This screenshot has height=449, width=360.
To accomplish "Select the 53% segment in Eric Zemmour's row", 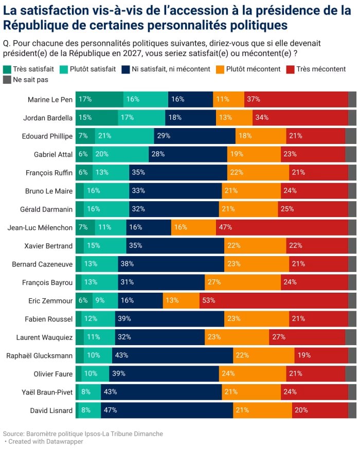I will (274, 300).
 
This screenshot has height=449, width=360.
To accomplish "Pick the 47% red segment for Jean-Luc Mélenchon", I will (282, 227).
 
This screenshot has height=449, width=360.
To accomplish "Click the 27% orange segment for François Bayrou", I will (243, 282).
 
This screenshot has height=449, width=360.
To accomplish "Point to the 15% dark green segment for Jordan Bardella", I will (97, 117).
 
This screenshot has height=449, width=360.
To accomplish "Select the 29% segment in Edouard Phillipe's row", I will (194, 136).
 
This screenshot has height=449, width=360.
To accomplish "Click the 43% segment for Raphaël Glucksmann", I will (173, 355).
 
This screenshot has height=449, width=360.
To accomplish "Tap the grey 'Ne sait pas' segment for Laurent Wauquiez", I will (351, 337).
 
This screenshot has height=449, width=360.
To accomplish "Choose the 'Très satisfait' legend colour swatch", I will (7, 69).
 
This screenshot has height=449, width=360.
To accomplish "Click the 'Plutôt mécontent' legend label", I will (253, 69).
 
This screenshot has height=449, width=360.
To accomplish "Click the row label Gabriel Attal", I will (53, 154).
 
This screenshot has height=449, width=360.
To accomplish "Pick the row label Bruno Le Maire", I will (49, 191).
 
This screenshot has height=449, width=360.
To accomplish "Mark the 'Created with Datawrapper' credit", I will (45, 442).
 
